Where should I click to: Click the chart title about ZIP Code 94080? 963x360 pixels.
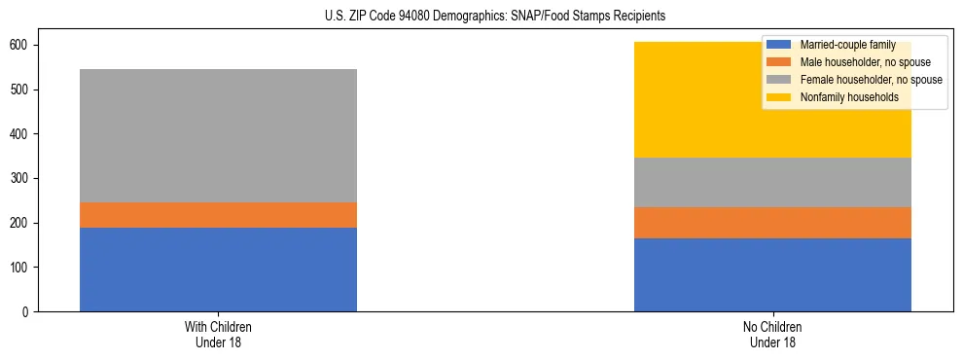pyautogui.click(x=481, y=17)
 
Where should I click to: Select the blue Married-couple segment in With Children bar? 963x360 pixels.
pyautogui.click(x=218, y=270)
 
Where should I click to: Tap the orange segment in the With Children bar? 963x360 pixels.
pyautogui.click(x=218, y=215)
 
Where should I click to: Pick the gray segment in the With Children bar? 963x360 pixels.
pyautogui.click(x=218, y=135)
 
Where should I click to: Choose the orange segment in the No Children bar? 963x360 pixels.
pyautogui.click(x=772, y=223)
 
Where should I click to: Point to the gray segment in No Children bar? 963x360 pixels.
pyautogui.click(x=772, y=182)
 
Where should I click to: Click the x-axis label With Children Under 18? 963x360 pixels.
pyautogui.click(x=218, y=334)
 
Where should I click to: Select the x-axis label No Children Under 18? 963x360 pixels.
pyautogui.click(x=772, y=334)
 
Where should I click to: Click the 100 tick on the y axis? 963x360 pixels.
pyautogui.click(x=21, y=268)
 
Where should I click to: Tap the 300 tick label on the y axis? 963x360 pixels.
pyautogui.click(x=21, y=179)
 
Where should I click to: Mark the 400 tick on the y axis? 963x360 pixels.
pyautogui.click(x=21, y=134)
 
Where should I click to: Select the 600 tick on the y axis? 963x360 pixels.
pyautogui.click(x=21, y=46)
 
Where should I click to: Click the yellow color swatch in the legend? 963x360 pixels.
pyautogui.click(x=779, y=97)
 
